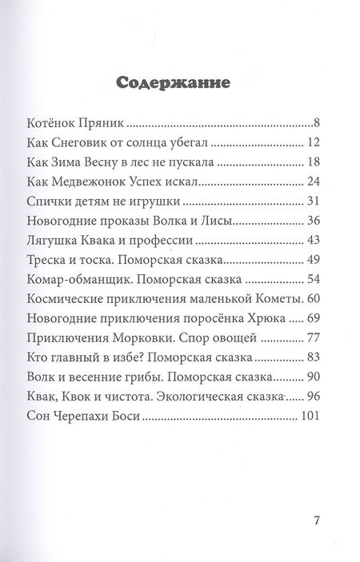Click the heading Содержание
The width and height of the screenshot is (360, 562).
pos(174,82)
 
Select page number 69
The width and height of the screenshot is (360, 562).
pos(314,318)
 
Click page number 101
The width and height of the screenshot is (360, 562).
pos(310,415)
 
